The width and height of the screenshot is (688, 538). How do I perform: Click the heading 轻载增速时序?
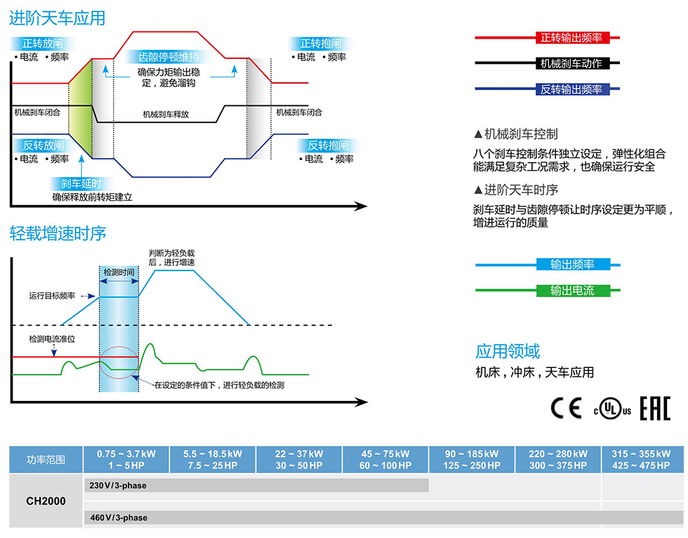(58, 232)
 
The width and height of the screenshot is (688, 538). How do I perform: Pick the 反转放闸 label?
(44, 145)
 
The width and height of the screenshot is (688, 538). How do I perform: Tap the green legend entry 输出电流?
(572, 290)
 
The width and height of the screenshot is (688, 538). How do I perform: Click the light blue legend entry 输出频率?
(572, 265)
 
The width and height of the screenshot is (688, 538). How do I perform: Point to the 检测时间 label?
(119, 271)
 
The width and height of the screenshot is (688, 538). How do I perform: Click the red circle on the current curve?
(117, 362)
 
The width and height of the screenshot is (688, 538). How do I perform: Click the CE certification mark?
(566, 409)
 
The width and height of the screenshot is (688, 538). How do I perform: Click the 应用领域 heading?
(508, 352)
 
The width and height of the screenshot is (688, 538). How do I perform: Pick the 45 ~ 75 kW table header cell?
(385, 459)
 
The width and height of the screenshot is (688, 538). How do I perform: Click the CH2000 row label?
(46, 501)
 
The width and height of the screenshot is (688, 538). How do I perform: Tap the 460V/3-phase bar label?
(119, 518)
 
